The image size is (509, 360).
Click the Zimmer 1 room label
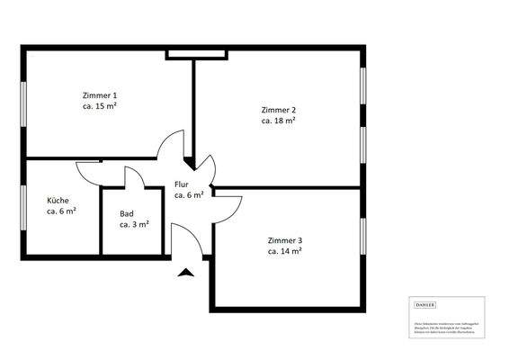tap(99, 95)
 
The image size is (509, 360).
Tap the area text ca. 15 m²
tap(99, 106)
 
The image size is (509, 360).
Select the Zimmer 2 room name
tap(279, 111)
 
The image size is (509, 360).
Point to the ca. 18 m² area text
tap(279, 121)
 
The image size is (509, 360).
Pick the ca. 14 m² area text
tap(284, 251)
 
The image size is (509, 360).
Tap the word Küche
tap(58, 201)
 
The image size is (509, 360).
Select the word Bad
tap(126, 214)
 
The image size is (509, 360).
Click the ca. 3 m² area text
tap(134, 224)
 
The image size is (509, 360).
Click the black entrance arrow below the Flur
tap(185, 273)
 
